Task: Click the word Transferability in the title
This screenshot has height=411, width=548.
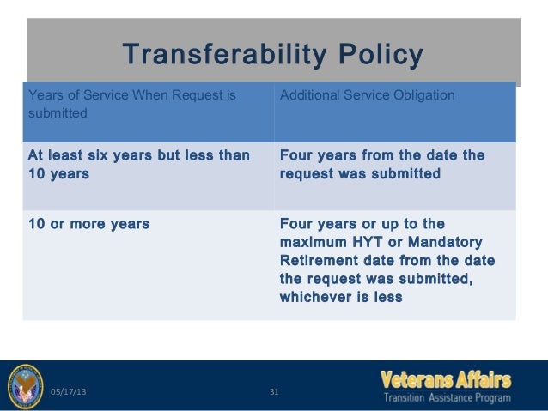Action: click(224, 54)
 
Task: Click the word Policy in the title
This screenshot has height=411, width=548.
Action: click(381, 54)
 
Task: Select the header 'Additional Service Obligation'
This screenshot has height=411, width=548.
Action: click(368, 95)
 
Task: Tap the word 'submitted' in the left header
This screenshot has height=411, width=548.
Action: click(58, 113)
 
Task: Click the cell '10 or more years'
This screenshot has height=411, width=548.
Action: click(88, 224)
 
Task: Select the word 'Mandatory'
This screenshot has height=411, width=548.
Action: click(445, 242)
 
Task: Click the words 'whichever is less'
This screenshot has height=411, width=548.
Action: click(341, 297)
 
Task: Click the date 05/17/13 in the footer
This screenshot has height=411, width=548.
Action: click(68, 391)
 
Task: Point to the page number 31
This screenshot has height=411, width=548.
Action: click(274, 392)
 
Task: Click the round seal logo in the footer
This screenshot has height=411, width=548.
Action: click(26, 386)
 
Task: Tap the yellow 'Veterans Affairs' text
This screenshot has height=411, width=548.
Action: click(446, 380)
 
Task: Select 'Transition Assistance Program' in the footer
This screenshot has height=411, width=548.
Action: click(448, 398)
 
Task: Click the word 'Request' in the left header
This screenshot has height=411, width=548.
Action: click(196, 95)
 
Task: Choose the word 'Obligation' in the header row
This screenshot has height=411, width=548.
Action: click(424, 95)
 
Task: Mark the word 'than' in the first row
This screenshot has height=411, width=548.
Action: click(234, 155)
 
